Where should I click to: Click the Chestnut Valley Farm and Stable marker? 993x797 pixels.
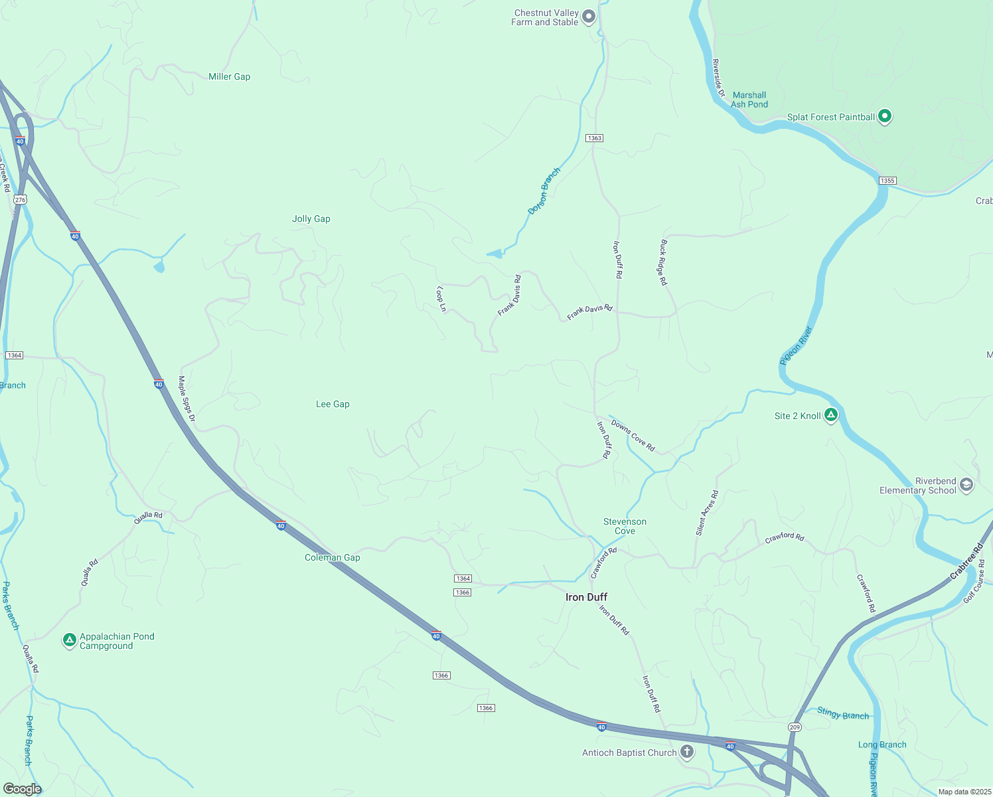(x=588, y=17)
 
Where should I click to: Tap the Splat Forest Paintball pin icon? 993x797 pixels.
(x=884, y=117)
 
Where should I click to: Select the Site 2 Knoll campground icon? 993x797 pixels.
(x=830, y=416)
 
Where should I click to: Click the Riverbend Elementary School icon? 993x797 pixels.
(x=966, y=486)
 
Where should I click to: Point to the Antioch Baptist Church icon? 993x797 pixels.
(x=687, y=753)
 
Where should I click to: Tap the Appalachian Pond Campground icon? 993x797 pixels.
(x=70, y=640)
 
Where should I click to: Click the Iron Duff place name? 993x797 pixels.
(x=586, y=597)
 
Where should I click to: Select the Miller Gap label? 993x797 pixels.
(x=229, y=76)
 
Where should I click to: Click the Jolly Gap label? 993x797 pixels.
(x=311, y=219)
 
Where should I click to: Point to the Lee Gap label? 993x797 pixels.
(x=333, y=404)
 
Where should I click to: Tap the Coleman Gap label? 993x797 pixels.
(x=332, y=557)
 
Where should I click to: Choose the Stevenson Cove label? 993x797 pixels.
(x=625, y=526)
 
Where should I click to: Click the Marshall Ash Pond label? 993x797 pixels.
(x=749, y=100)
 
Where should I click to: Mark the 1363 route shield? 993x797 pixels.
(x=594, y=138)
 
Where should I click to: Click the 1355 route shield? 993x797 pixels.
(x=887, y=181)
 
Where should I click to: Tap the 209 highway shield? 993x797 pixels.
(x=795, y=727)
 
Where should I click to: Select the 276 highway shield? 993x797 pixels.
(x=21, y=200)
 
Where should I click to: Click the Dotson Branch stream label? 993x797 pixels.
(x=544, y=191)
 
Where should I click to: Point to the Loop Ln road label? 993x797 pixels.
(x=441, y=299)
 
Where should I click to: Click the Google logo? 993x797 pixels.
(x=22, y=789)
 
